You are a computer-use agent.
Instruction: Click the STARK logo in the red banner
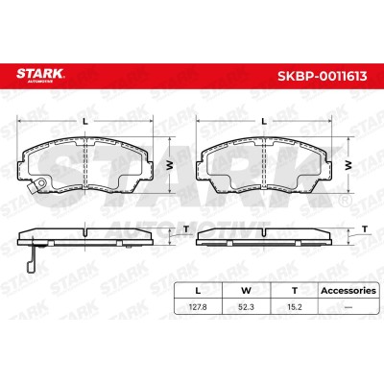click(x=40, y=75)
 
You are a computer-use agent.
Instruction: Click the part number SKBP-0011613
click(x=322, y=76)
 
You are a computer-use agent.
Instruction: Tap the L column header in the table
click(x=198, y=291)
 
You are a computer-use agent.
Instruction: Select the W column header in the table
click(x=246, y=291)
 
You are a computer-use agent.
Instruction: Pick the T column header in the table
click(x=295, y=291)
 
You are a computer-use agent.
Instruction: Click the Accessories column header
click(x=348, y=291)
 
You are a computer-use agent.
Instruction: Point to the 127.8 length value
click(x=198, y=307)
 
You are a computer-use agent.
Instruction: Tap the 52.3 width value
click(x=246, y=307)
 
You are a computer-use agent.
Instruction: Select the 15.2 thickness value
click(x=295, y=307)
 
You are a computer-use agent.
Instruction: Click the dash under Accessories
click(x=348, y=307)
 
